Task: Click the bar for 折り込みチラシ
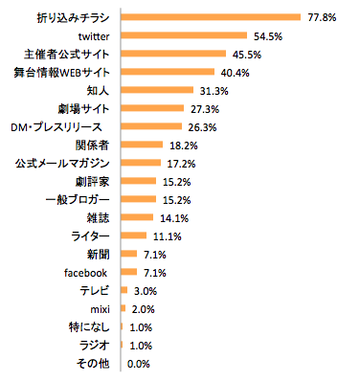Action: tap(212, 17)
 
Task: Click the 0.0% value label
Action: tap(140, 363)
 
